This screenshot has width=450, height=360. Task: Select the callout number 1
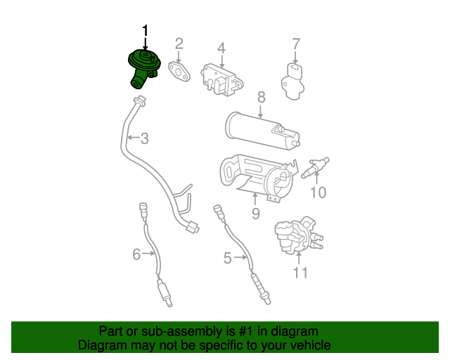tap(146, 30)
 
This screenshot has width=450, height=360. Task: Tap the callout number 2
tap(179, 44)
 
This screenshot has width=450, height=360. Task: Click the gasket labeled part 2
tap(179, 70)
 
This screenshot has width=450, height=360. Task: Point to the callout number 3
tap(144, 139)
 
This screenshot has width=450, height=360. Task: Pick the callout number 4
tap(221, 48)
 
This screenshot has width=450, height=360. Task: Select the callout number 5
tap(227, 259)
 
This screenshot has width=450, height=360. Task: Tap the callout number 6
tap(136, 254)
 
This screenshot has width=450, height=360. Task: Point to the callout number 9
tap(255, 213)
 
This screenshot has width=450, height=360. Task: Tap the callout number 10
tap(318, 192)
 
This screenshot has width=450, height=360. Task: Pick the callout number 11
tap(300, 273)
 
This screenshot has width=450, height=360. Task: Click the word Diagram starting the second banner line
tap(103, 345)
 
